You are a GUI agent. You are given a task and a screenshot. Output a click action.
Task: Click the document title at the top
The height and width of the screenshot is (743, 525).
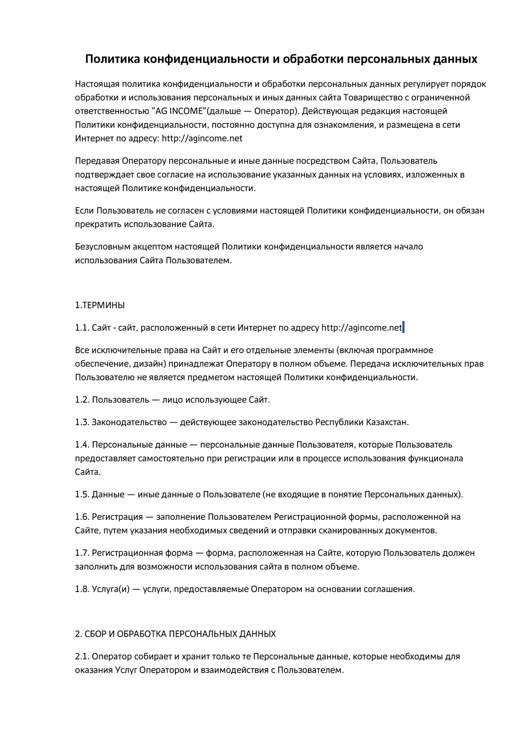click(x=281, y=59)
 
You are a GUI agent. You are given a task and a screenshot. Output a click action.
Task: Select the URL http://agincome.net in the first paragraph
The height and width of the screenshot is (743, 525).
click(x=202, y=139)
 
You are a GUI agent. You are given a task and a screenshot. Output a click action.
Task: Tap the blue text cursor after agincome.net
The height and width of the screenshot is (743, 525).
click(x=403, y=327)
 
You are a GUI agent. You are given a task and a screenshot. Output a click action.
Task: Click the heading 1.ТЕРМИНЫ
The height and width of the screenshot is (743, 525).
click(x=100, y=305)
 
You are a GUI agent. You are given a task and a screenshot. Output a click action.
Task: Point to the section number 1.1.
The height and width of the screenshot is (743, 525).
click(x=82, y=328)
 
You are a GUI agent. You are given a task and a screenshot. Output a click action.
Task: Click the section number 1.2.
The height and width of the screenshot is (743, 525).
click(x=82, y=400)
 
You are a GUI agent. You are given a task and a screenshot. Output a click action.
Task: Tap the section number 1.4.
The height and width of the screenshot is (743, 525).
click(x=82, y=445)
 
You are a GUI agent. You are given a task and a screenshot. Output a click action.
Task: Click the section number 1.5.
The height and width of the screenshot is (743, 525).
click(x=82, y=495)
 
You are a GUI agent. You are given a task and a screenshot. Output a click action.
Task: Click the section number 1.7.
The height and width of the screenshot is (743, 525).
click(x=82, y=553)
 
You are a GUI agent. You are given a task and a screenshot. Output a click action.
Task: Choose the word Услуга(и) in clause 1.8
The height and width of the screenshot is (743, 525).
click(x=111, y=589)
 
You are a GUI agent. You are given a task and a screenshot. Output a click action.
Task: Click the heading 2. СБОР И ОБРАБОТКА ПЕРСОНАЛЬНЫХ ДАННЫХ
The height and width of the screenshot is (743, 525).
click(x=175, y=634)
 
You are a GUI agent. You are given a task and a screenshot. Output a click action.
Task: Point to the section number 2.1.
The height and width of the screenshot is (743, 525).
click(x=82, y=657)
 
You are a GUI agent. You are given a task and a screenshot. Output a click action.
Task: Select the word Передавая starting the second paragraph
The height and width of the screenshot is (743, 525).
click(x=97, y=161)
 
